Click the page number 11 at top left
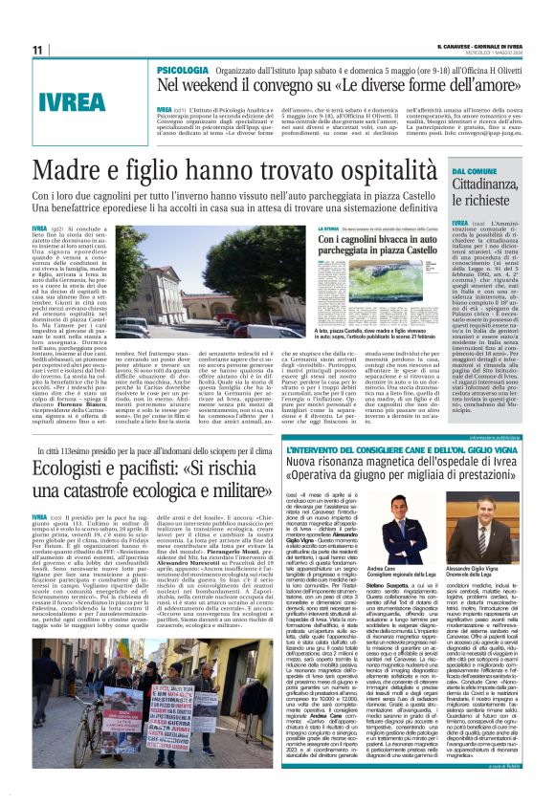(x=37, y=50)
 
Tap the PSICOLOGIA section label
(x=185, y=71)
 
